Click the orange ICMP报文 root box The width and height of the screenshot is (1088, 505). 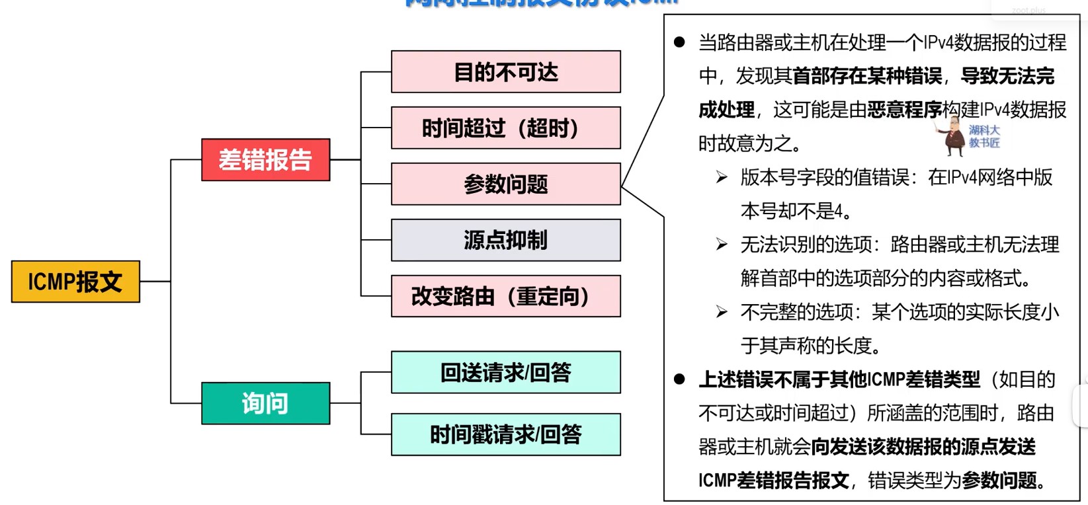75,282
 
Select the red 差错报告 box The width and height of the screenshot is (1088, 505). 265,160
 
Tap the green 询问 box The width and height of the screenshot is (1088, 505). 265,403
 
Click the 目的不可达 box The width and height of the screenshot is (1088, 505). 506,71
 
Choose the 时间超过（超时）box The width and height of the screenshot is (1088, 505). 506,128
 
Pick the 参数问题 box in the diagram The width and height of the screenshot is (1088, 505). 506,184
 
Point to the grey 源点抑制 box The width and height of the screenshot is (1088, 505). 506,240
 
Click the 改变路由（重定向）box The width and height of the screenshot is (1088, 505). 506,296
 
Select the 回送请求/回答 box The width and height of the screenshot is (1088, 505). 506,372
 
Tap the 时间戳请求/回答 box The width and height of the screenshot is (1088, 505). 506,434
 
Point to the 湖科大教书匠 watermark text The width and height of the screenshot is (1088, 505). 984,136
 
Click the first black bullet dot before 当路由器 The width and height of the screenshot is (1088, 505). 679,43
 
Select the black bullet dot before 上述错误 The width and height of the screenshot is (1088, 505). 679,379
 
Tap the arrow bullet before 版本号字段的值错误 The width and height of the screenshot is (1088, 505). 722,177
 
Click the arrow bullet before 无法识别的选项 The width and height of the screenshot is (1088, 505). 722,245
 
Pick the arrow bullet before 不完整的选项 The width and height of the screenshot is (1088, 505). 722,312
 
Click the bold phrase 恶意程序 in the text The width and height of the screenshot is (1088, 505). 904,110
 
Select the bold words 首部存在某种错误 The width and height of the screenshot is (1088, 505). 867,76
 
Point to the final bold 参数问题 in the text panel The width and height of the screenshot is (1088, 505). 999,481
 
